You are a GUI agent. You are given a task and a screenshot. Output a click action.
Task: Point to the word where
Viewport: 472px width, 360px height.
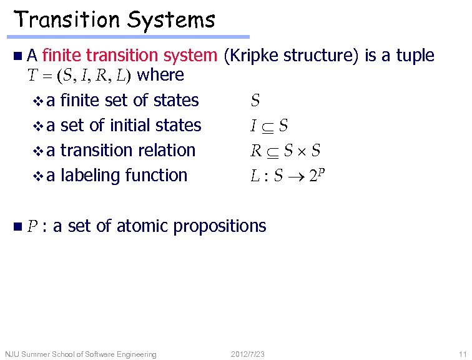(x=160, y=75)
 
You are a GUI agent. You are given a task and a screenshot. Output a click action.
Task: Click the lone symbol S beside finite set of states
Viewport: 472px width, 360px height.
(x=255, y=101)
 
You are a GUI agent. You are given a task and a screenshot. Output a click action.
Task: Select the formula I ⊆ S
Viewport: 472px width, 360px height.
(x=268, y=126)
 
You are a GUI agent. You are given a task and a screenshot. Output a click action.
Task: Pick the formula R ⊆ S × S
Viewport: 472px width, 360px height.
(x=285, y=151)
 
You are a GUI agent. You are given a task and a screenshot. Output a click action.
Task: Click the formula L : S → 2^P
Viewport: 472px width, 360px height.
(x=287, y=175)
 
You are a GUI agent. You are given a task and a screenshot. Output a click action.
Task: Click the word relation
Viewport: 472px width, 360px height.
(x=167, y=151)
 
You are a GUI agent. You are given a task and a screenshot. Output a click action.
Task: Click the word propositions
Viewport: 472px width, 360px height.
(x=220, y=226)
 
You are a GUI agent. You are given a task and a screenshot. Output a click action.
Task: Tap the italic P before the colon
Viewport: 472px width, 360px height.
(x=31, y=226)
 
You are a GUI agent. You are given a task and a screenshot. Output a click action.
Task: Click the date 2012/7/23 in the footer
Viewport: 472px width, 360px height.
(x=248, y=354)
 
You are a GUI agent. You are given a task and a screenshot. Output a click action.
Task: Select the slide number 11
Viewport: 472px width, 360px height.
(x=461, y=354)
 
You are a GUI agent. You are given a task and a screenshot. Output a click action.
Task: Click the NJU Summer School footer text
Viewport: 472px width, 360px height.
(x=81, y=354)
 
